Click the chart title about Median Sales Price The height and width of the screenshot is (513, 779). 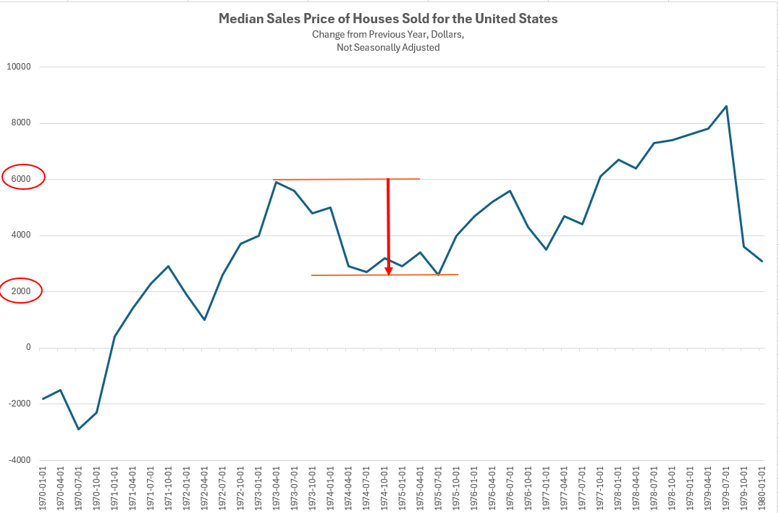[388, 19]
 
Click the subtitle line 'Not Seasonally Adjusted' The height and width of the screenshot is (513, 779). [388, 48]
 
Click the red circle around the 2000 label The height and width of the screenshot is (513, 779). [22, 291]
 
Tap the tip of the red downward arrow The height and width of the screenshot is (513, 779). [389, 273]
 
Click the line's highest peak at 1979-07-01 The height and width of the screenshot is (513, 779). [726, 106]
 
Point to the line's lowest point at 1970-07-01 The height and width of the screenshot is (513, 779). [78, 429]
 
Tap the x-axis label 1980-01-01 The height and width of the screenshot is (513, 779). [762, 490]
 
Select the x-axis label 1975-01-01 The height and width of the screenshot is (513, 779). [403, 490]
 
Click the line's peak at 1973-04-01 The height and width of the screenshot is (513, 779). [276, 182]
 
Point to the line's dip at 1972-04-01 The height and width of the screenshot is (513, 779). [204, 320]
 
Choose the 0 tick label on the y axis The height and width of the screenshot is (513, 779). [29, 348]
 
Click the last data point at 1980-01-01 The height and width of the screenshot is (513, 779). [762, 261]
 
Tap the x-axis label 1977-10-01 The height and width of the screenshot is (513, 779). [600, 490]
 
